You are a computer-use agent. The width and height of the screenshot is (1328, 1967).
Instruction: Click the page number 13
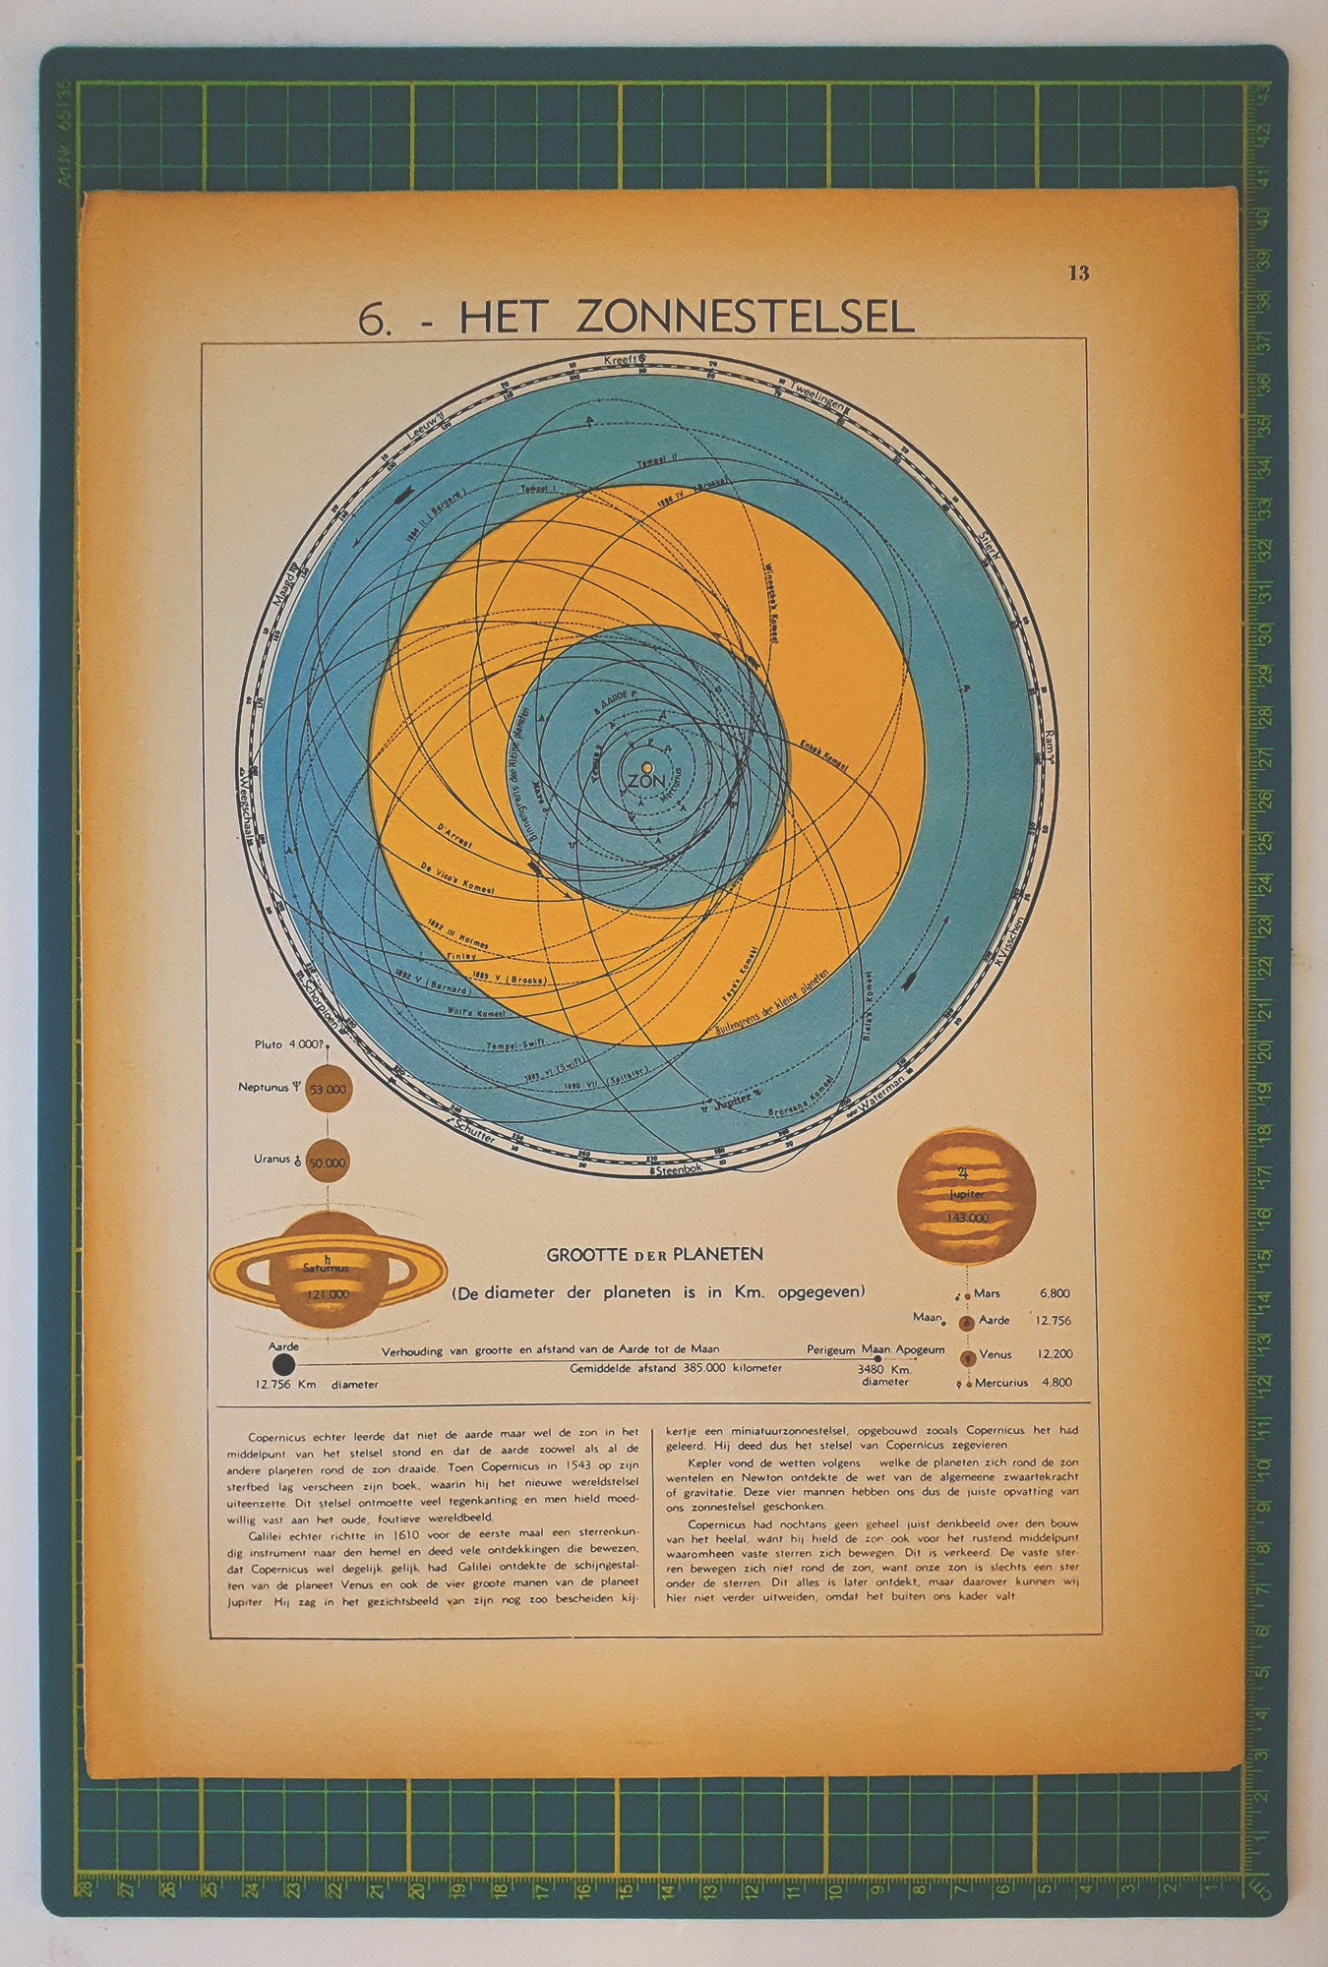1078,273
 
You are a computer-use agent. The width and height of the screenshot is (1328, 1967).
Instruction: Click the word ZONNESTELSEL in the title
745,317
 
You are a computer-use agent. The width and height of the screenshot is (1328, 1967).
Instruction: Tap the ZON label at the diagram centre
645,781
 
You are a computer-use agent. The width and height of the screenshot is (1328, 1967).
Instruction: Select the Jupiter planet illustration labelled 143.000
966,1194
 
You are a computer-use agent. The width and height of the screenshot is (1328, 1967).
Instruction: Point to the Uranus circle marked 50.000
327,1162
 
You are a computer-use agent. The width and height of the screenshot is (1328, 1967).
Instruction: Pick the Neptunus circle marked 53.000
327,1090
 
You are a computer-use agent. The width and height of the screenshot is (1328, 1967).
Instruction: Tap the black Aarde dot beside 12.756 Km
284,1364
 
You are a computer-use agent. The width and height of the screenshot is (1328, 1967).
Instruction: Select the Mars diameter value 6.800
1054,1293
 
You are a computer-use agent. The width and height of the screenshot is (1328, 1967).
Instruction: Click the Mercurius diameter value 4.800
1055,1382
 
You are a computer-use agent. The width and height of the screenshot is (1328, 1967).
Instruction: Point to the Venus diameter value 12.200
1054,1353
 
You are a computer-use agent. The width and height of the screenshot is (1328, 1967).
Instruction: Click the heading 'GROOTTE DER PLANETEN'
654,1254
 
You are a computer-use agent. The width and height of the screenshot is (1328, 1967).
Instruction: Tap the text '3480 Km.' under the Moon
884,1369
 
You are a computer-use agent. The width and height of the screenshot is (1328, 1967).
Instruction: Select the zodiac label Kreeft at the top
620,360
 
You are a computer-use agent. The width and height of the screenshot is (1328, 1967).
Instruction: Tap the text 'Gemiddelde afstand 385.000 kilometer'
676,1368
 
